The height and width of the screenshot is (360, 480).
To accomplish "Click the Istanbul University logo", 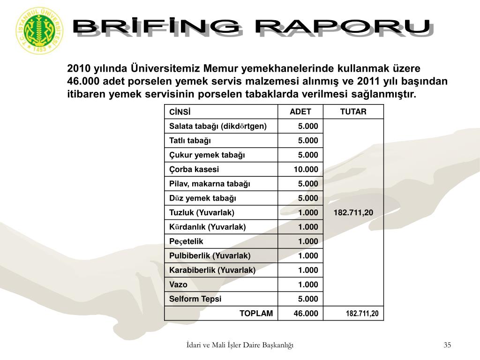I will (x=39, y=31).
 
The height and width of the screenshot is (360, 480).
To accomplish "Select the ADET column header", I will (x=300, y=112).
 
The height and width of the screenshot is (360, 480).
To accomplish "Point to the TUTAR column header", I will (x=353, y=112).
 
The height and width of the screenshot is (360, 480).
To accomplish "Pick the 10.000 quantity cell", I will (x=306, y=169).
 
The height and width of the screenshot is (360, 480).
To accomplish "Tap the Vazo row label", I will (x=178, y=285).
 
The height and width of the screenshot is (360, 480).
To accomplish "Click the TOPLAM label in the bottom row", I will (x=256, y=313).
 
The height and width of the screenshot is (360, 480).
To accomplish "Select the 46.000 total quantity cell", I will (x=306, y=313).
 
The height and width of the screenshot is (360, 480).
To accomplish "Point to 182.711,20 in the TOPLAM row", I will (x=362, y=314).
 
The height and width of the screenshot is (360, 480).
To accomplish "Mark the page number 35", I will (x=447, y=345).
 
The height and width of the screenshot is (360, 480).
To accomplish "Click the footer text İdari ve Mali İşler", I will (x=240, y=345).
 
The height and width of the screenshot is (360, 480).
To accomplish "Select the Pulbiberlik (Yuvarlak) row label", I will (x=210, y=255).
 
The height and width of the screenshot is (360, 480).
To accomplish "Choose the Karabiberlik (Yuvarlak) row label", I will (x=212, y=270).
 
